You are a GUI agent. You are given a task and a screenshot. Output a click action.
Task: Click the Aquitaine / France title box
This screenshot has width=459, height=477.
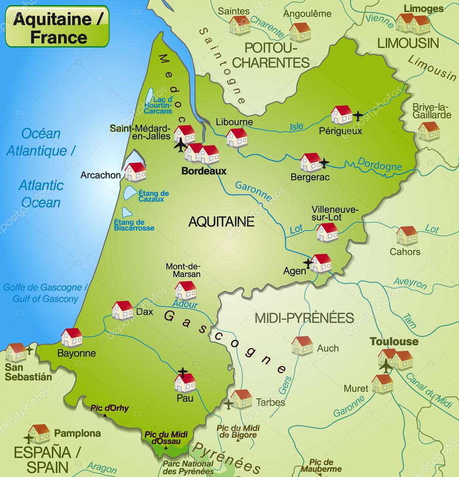click(57, 27)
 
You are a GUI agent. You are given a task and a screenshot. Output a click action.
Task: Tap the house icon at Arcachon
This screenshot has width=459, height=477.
click(135, 172)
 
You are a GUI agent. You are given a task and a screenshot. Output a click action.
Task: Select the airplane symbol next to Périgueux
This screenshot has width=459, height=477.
click(358, 115)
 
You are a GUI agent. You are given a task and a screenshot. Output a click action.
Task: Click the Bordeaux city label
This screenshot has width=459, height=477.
click(204, 171)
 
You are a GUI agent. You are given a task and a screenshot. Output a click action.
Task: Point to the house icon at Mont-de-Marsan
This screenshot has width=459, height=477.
click(186, 290)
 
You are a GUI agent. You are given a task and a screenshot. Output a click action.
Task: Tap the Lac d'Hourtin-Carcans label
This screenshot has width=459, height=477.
click(158, 105)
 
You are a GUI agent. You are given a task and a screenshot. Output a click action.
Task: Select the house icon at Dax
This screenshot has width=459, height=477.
click(122, 310)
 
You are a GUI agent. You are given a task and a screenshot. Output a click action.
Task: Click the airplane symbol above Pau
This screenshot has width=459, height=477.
click(183, 372)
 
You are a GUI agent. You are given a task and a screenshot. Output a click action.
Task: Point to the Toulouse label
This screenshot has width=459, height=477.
click(394, 341)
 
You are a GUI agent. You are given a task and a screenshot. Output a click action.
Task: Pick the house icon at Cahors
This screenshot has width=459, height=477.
click(407, 235)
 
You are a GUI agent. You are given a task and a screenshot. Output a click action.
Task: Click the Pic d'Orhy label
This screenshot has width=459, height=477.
click(110, 408)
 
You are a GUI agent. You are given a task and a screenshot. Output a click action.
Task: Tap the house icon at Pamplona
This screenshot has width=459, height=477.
click(39, 433)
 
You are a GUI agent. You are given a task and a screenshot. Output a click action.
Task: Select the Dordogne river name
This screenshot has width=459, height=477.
click(380, 164)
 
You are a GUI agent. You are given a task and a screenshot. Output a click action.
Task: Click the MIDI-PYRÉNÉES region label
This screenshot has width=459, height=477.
click(304, 318)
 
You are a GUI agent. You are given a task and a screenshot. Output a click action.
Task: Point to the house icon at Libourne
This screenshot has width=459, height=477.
click(237, 138)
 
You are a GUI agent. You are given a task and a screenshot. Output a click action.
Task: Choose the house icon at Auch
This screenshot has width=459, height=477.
click(302, 346)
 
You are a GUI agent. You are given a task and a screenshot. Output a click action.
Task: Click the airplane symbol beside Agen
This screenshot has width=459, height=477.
click(308, 263)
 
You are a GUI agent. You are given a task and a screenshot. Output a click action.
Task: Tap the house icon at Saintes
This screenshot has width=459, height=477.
click(240, 25)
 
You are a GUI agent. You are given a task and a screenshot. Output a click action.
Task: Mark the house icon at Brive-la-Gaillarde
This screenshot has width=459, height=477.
click(429, 131)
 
